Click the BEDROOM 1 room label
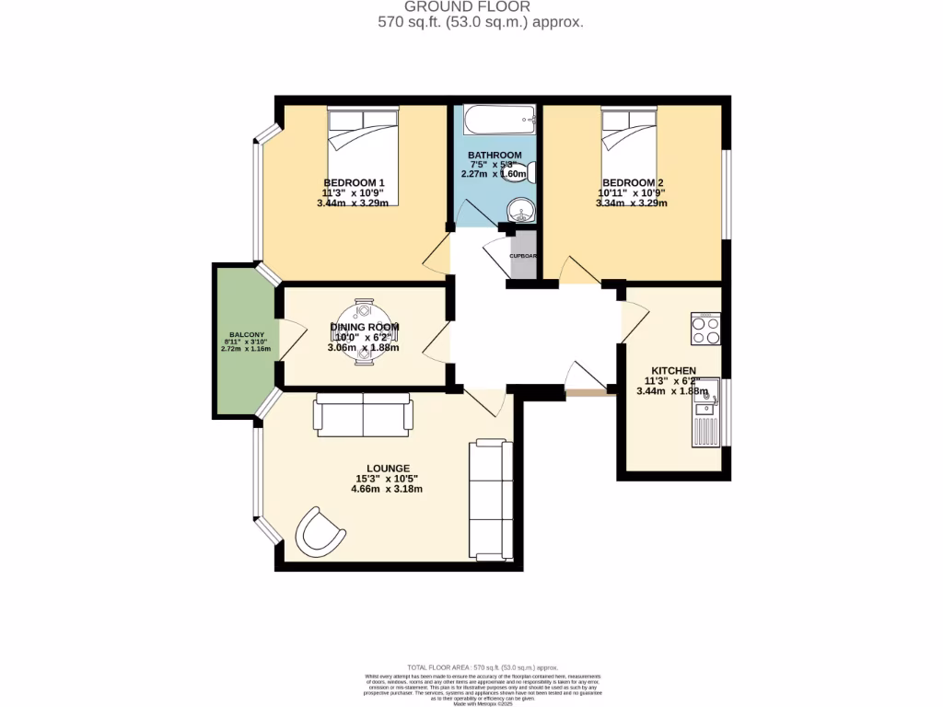click(355, 182)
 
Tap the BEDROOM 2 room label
click(632, 182)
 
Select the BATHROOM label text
click(495, 155)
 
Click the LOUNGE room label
click(387, 469)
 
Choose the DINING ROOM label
click(365, 327)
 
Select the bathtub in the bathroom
click(498, 119)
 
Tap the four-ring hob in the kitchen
click(705, 329)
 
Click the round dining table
click(364, 331)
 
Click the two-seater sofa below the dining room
click(363, 415)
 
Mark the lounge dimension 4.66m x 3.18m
click(387, 489)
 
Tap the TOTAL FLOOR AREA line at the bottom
click(483, 666)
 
